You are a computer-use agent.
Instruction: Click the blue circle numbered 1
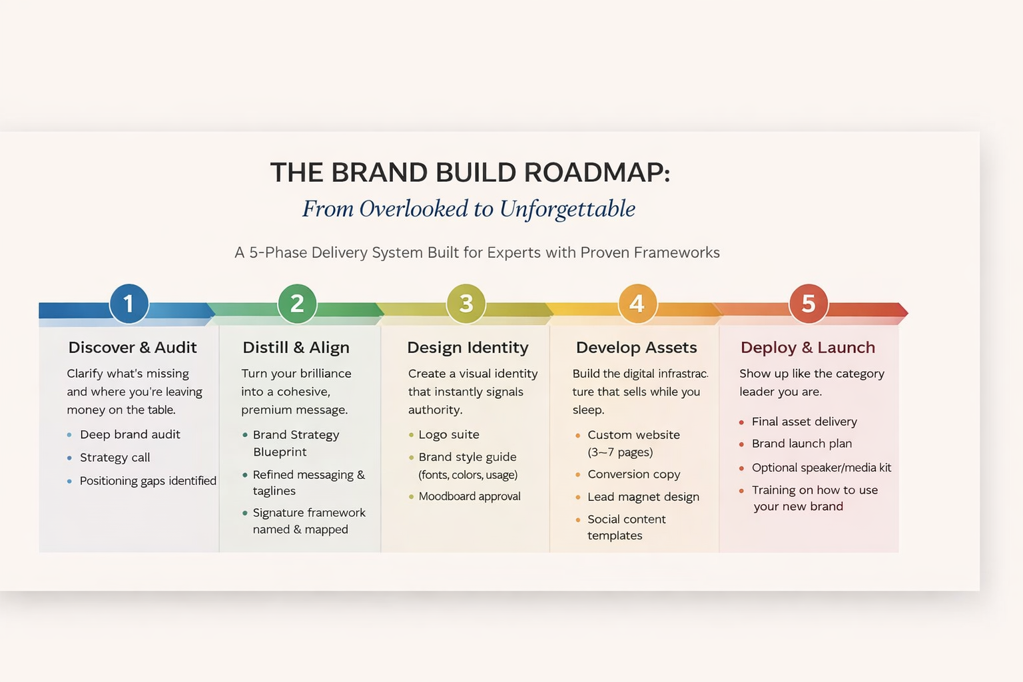[129, 304]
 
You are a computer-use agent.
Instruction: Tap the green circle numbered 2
[297, 304]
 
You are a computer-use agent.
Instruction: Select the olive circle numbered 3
[466, 304]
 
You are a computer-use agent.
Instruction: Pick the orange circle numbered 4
[637, 304]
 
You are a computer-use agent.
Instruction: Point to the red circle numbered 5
[808, 304]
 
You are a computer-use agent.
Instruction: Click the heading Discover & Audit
[133, 348]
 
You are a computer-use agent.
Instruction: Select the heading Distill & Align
[296, 348]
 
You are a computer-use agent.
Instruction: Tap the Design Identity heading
[468, 348]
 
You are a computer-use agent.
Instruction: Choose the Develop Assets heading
[636, 348]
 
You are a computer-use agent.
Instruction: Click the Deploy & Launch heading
[808, 348]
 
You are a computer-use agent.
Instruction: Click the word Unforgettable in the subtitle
[567, 209]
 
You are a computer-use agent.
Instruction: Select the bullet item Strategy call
[115, 458]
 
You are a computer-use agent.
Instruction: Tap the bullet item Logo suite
[448, 435]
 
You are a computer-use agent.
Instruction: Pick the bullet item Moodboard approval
[470, 496]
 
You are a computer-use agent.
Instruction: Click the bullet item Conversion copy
[633, 474]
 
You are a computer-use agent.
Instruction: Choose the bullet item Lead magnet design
[643, 497]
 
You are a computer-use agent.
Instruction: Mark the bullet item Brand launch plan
[802, 444]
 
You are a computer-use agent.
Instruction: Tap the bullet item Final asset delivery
[804, 422]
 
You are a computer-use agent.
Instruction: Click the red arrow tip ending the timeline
[902, 310]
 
